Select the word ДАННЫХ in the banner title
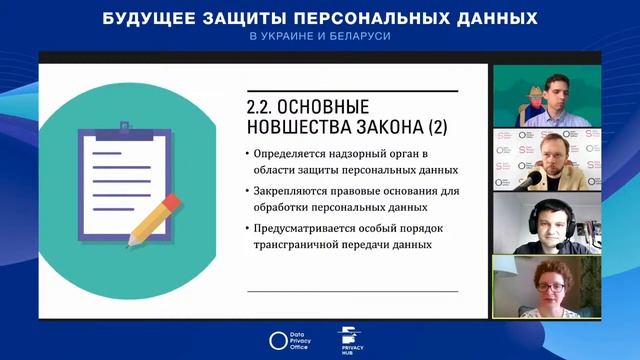pos(489,18)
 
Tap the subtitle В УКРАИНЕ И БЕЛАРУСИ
pos(320,36)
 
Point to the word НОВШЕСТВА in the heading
pos(291,126)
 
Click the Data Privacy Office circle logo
pos(279,340)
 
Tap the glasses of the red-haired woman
pos(549,285)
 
